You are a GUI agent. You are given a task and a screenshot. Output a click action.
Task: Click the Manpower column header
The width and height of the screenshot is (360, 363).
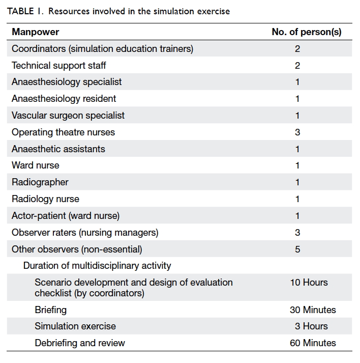pyautogui.click(x=36, y=32)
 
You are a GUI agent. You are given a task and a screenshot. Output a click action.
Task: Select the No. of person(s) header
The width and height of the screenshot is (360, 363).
pyautogui.click(x=307, y=32)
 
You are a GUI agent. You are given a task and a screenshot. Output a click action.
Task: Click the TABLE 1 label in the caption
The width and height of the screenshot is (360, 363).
pyautogui.click(x=25, y=11)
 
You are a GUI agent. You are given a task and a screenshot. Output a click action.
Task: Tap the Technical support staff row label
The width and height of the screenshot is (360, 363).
pyautogui.click(x=58, y=66)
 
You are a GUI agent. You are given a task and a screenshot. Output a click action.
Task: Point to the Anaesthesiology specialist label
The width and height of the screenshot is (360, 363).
pyautogui.click(x=67, y=82)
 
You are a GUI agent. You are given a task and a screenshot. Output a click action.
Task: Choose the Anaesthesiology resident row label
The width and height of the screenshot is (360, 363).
pyautogui.click(x=64, y=99)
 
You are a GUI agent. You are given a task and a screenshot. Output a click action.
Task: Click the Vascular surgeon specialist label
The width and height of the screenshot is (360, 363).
pyautogui.click(x=68, y=115)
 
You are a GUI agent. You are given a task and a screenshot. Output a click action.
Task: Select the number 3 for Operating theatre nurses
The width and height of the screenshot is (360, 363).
pyautogui.click(x=297, y=132)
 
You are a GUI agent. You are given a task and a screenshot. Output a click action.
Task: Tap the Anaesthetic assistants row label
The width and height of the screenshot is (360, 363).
pyautogui.click(x=58, y=149)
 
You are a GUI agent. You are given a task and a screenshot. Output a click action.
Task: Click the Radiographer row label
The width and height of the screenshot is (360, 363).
pyautogui.click(x=40, y=182)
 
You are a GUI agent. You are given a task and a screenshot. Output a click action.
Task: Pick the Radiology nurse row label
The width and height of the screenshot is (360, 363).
pyautogui.click(x=45, y=199)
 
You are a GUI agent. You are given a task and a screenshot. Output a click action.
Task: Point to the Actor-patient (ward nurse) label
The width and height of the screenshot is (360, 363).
pyautogui.click(x=66, y=216)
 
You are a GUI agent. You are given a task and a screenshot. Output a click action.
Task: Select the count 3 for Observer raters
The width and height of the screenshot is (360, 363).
pyautogui.click(x=297, y=233)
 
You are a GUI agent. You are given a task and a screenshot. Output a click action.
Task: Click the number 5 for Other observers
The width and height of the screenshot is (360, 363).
pyautogui.click(x=297, y=249)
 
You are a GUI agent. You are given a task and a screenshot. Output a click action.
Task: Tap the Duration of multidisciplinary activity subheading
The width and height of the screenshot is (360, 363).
pyautogui.click(x=97, y=266)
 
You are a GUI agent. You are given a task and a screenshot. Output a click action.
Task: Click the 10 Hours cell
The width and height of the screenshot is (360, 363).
pyautogui.click(x=309, y=283)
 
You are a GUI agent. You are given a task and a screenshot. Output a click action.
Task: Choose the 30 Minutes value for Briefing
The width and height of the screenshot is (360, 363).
pyautogui.click(x=313, y=310)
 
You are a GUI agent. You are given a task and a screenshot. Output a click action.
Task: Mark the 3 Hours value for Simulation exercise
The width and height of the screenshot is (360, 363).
pyautogui.click(x=311, y=326)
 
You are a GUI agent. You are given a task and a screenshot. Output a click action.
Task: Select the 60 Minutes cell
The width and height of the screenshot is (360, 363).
pyautogui.click(x=313, y=343)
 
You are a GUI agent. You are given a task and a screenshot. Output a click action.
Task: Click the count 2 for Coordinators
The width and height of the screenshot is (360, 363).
pyautogui.click(x=297, y=49)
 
